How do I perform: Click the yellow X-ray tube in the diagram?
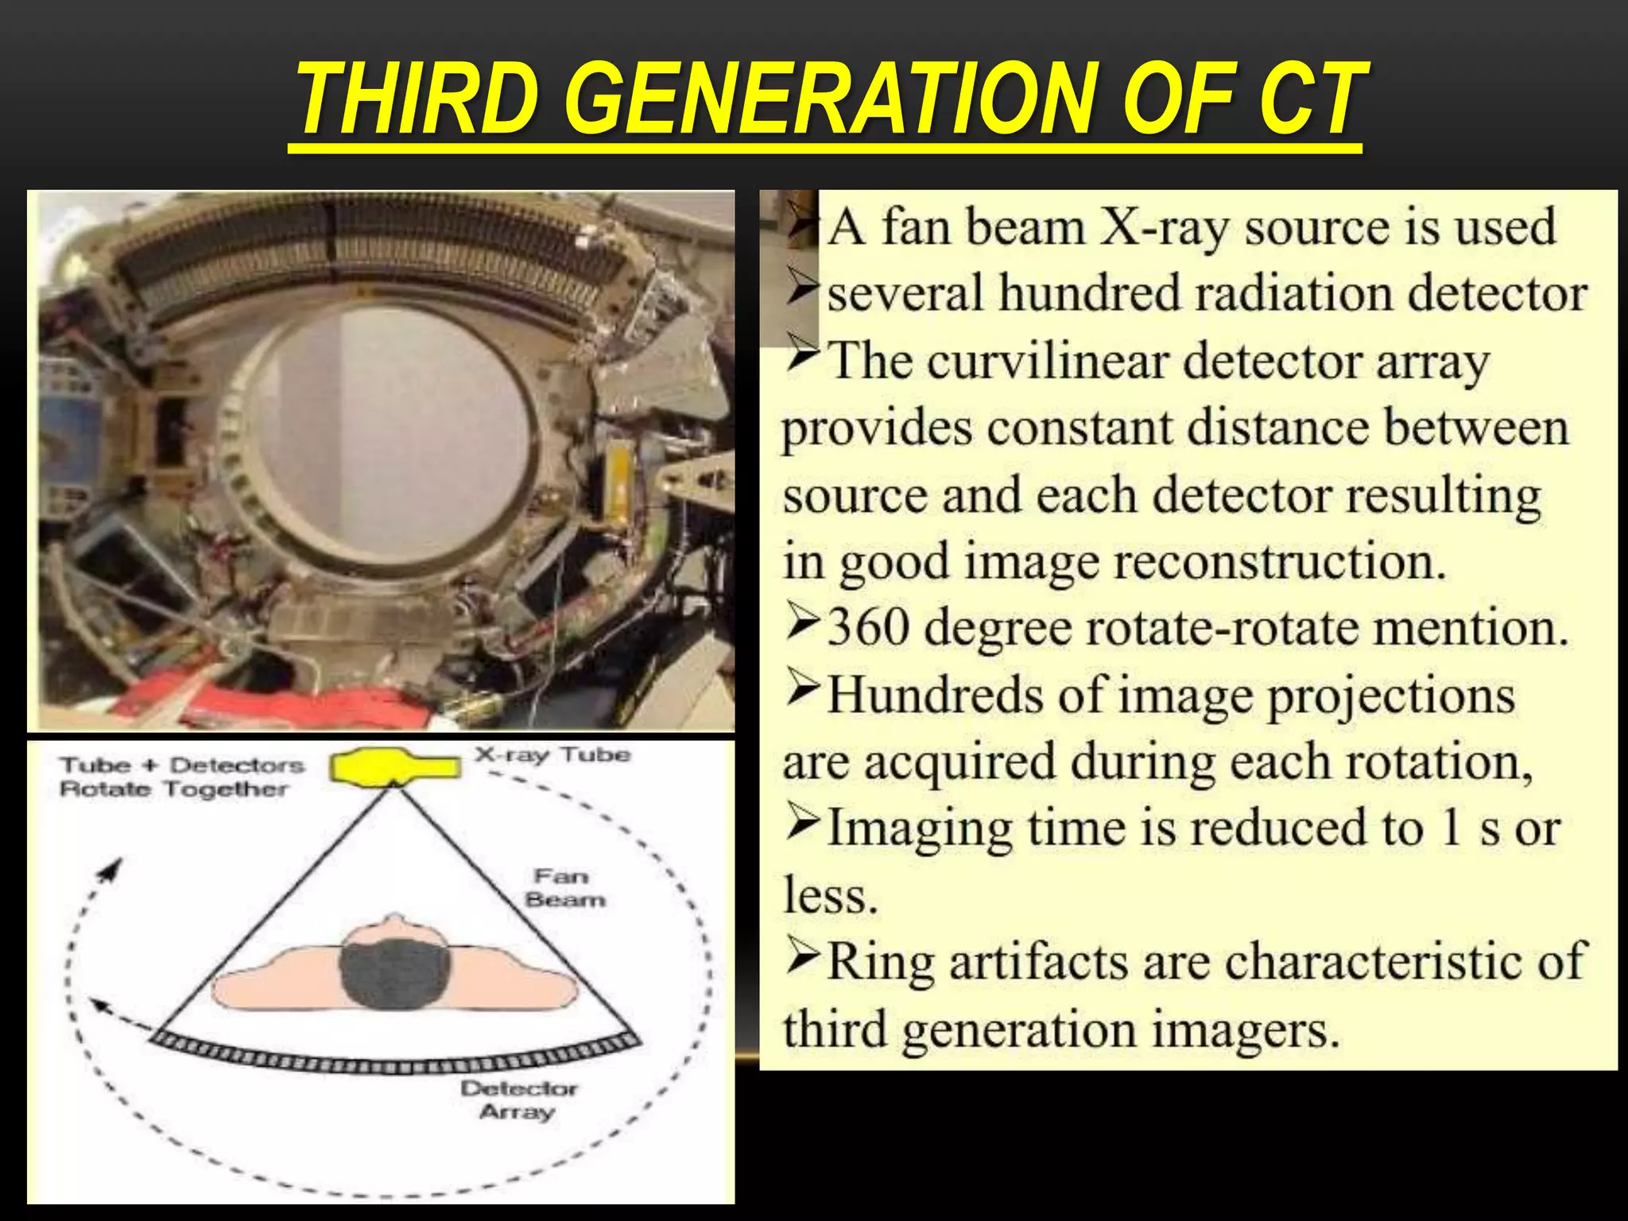point(394,766)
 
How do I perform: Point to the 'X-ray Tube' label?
point(552,754)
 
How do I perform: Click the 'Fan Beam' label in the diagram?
point(564,888)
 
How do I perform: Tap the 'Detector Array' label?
point(518,1099)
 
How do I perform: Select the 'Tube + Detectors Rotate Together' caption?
point(181,777)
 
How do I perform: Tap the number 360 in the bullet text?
point(868,627)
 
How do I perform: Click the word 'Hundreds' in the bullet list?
point(935,695)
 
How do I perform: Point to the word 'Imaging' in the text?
point(920,828)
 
